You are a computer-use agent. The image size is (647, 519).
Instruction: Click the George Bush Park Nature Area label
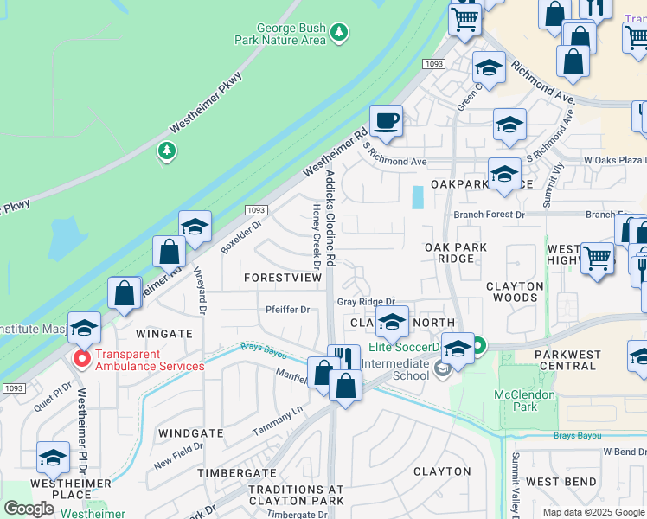281,34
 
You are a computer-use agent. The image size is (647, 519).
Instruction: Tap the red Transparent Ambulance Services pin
82,358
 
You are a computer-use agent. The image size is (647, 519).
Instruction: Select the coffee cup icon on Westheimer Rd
386,120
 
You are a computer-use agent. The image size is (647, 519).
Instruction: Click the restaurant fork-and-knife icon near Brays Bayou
344,359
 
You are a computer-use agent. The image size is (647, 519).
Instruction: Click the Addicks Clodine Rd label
330,216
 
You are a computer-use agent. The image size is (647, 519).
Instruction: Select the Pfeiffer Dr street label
287,310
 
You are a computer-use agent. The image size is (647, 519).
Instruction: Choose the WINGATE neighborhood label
164,333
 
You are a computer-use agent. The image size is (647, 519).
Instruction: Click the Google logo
29,509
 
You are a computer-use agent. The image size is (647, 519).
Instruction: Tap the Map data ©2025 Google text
594,512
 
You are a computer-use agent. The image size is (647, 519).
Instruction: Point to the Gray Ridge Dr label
366,302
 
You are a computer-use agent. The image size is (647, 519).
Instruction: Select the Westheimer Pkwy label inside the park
206,101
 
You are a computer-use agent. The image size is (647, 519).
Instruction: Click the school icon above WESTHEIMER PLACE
53,457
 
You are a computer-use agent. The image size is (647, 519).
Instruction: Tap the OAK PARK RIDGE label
455,253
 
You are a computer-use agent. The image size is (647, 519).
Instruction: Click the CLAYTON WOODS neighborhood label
515,292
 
